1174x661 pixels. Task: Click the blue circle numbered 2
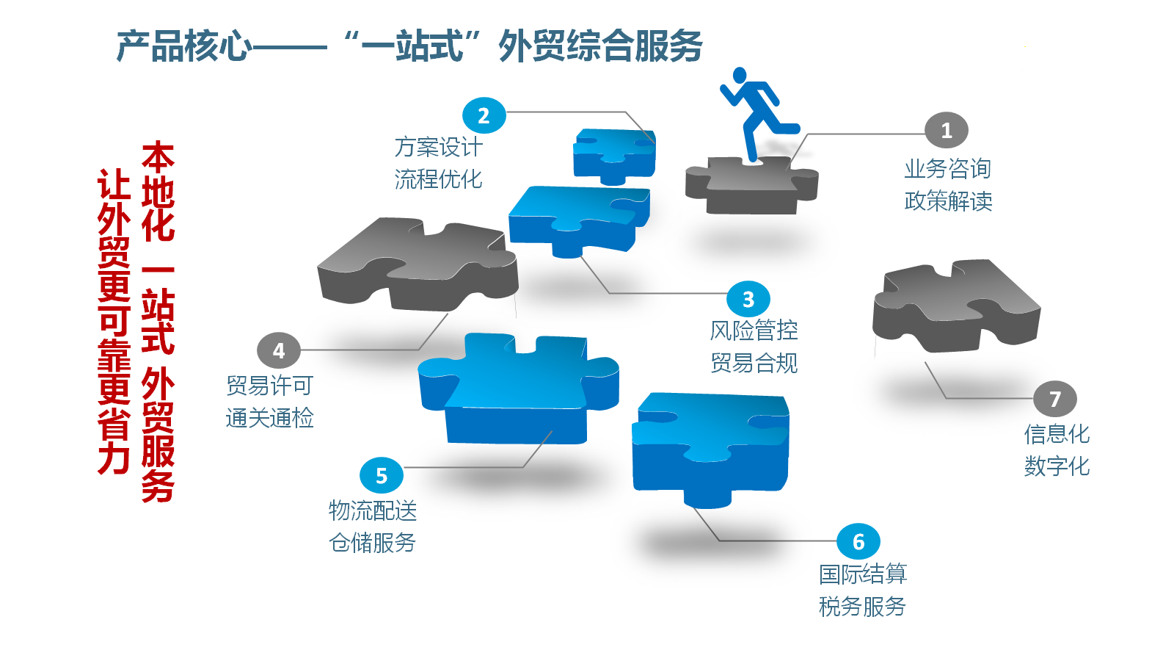[484, 115]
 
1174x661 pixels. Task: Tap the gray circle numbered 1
[946, 131]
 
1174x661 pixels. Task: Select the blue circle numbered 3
[748, 299]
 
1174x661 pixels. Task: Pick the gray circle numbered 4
[279, 350]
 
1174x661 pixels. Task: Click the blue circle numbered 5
[382, 475]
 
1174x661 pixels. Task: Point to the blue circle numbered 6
[858, 541]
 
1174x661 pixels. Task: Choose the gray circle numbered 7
[1054, 399]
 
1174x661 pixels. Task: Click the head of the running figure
[740, 75]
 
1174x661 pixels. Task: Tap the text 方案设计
[438, 148]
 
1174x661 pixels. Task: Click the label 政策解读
[948, 201]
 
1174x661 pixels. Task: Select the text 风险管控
[754, 330]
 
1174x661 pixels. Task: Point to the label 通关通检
[270, 418]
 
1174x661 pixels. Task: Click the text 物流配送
[373, 510]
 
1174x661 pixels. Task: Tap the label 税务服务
[862, 607]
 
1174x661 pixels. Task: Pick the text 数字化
[1057, 466]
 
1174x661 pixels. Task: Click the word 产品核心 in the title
[183, 46]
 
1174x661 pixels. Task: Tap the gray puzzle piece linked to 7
[954, 305]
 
